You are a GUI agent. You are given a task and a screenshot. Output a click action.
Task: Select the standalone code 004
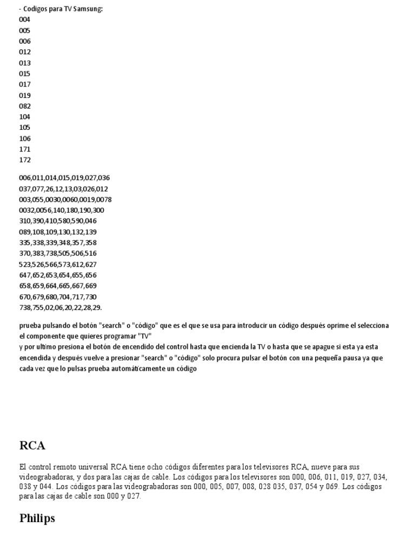tap(25, 19)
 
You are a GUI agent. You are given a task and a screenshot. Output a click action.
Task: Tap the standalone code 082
tap(25, 106)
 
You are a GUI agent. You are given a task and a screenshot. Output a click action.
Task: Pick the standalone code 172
tap(25, 160)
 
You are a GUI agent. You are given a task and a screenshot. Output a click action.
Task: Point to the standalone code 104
tap(25, 117)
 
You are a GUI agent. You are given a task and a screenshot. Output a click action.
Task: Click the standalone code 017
tap(25, 84)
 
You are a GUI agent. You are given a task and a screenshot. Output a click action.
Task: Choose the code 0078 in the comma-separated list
tap(104, 200)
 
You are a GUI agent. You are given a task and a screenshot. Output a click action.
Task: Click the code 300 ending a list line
tap(98, 210)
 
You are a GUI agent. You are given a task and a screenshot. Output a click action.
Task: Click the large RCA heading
tap(32, 446)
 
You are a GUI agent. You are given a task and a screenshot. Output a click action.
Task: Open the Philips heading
tap(37, 518)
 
